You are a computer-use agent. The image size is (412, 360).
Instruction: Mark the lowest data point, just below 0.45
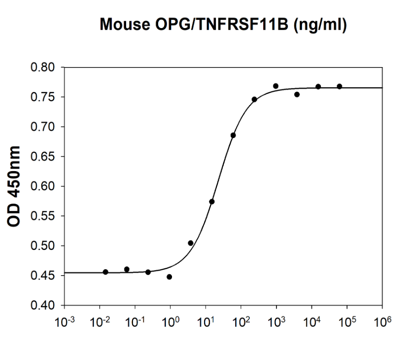[170, 277]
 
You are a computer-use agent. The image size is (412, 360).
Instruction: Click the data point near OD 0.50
[191, 243]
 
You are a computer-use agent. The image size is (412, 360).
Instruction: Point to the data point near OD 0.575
[212, 201]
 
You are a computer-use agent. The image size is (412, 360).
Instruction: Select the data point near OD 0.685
[233, 135]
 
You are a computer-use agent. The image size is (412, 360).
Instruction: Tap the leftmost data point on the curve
[105, 272]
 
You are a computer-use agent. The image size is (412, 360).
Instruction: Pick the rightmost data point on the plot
[340, 86]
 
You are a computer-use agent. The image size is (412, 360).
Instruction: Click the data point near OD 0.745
[254, 99]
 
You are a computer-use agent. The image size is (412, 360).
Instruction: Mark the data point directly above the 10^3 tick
[275, 86]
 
